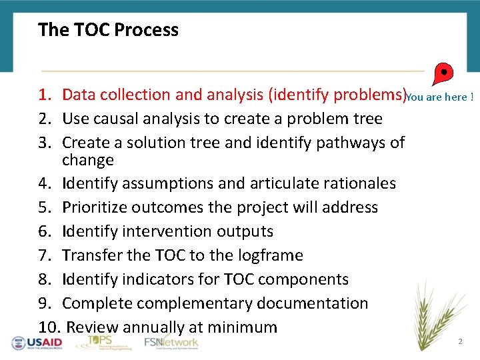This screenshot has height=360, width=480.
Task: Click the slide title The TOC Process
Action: (x=108, y=30)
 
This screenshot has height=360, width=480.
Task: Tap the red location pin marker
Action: (x=443, y=73)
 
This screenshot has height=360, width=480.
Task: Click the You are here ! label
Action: (x=440, y=97)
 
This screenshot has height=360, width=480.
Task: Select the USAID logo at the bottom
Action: (x=37, y=343)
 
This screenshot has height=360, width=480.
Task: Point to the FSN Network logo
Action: (x=171, y=343)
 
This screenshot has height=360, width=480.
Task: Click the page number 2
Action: (x=459, y=342)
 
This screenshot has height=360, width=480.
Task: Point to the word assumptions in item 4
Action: (x=161, y=183)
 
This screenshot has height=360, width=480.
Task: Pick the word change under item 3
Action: (x=88, y=161)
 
